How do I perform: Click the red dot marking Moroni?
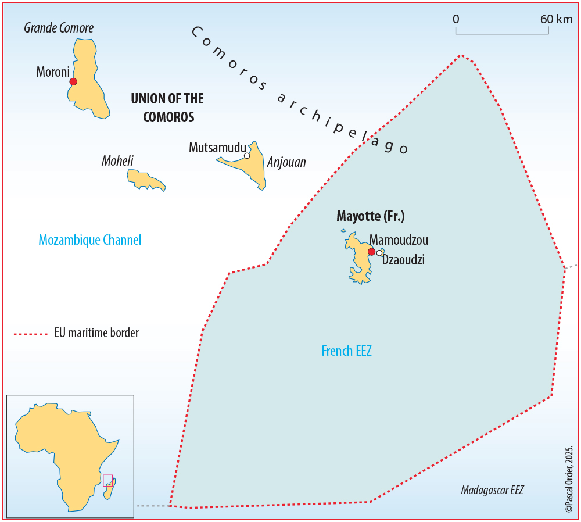[x=73, y=82]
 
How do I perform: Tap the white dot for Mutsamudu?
[x=247, y=156]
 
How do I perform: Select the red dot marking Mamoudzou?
[x=371, y=252]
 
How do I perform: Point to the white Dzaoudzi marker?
[x=379, y=253]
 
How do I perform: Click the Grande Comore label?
[x=59, y=28]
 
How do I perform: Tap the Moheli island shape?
[x=145, y=179]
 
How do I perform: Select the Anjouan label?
[x=286, y=162]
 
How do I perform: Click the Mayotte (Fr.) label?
[x=371, y=217]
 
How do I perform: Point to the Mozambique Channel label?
[x=90, y=239]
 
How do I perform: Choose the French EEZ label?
[x=346, y=351]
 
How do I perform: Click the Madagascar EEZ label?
[x=492, y=490]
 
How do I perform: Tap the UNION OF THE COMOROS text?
[x=168, y=108]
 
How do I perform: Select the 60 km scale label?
[x=556, y=19]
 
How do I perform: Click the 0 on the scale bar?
[x=456, y=19]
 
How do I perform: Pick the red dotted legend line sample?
[x=30, y=334]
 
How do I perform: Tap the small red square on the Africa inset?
[x=107, y=480]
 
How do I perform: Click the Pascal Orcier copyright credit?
[x=569, y=479]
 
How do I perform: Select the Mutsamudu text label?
[x=217, y=148]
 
